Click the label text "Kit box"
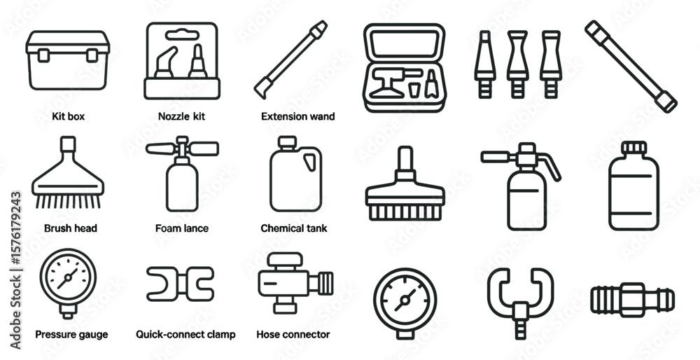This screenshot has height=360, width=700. pyautogui.click(x=68, y=116)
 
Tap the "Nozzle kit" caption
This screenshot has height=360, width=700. pyautogui.click(x=182, y=116)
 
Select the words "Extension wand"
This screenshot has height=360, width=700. pyautogui.click(x=297, y=116)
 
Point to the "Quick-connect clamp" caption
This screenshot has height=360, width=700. pyautogui.click(x=185, y=335)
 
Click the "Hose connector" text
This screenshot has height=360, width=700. pyautogui.click(x=293, y=335)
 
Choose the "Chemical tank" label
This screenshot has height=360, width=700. pyautogui.click(x=294, y=228)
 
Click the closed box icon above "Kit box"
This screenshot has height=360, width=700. pyautogui.click(x=68, y=60)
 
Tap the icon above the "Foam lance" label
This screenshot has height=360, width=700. pyautogui.click(x=182, y=174)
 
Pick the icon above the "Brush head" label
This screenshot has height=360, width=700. pyautogui.click(x=68, y=172)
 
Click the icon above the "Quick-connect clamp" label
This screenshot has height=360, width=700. pyautogui.click(x=181, y=284)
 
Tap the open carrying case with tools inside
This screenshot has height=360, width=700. pyautogui.click(x=405, y=67)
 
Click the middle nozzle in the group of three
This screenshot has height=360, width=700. pyautogui.click(x=517, y=64)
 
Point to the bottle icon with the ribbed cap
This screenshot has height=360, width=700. pyautogui.click(x=634, y=186)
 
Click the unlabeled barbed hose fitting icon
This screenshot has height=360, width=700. pyautogui.click(x=633, y=300)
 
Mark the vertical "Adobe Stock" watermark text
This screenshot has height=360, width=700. pyautogui.click(x=15, y=270)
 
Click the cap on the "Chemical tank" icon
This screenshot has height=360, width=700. pyautogui.click(x=287, y=141)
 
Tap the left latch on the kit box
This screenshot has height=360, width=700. pyautogui.click(x=43, y=55)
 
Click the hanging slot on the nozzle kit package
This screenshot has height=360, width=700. pyautogui.click(x=182, y=34)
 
